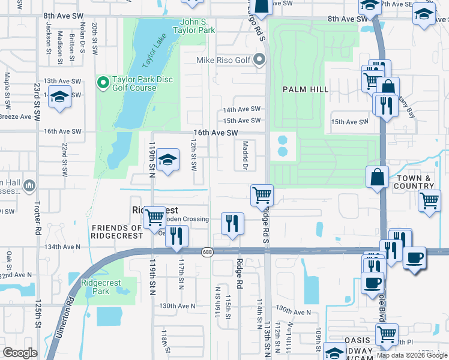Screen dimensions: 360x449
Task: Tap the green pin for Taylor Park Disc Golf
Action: pyautogui.click(x=103, y=82)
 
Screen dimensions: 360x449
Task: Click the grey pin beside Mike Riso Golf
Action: pyautogui.click(x=259, y=59)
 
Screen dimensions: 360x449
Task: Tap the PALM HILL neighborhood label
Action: pyautogui.click(x=306, y=89)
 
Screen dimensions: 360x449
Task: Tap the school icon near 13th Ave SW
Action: pyautogui.click(x=59, y=97)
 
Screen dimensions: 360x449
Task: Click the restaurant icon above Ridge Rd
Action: pyautogui.click(x=232, y=223)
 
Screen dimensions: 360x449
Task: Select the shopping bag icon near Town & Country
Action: pyautogui.click(x=377, y=177)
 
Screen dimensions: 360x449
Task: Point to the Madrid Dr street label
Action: pyautogui.click(x=245, y=155)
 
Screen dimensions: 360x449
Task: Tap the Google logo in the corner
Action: pyautogui.click(x=20, y=353)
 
